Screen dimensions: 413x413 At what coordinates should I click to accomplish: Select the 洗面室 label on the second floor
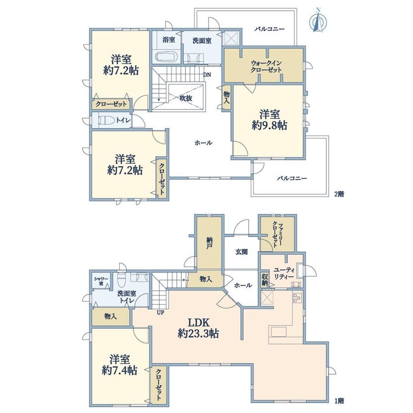pos(202,41)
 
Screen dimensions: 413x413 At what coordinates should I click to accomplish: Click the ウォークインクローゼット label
pos(266,66)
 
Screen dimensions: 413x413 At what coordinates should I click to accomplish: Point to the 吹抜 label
pos(186,98)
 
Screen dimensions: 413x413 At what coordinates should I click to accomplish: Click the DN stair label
pos(207,75)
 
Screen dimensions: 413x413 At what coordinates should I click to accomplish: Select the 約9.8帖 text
pos(269,125)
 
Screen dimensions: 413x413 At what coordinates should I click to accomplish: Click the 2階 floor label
pos(339,194)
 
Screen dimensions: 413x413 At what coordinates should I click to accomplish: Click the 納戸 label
pos(209,243)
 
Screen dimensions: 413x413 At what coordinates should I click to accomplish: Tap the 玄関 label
pos(241,252)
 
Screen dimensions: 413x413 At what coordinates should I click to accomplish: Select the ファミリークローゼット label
pos(277,234)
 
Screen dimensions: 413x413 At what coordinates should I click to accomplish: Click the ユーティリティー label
pos(284,273)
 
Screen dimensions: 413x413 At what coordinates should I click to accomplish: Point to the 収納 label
pos(265,280)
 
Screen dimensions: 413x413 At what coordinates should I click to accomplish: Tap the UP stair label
pos(160,313)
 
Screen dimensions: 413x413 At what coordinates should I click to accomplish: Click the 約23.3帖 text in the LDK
pos(198,334)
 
